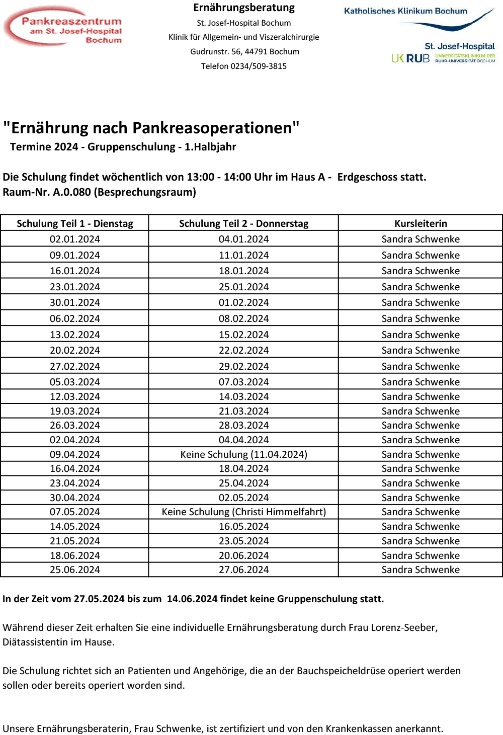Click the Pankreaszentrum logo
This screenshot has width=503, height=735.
63,26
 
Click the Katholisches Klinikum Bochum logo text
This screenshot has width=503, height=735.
405,11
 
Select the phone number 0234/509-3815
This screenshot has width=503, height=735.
259,66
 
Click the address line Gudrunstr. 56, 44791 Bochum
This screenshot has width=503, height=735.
244,51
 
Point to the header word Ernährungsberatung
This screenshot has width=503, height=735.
244,8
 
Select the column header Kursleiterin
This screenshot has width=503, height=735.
421,223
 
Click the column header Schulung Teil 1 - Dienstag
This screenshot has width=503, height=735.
75,223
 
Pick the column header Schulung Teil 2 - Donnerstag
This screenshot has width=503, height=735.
244,223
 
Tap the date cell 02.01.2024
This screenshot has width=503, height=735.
75,239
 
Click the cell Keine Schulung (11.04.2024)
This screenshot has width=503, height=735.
244,454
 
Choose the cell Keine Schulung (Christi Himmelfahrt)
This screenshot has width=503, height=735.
244,512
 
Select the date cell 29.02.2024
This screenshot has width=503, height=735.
244,366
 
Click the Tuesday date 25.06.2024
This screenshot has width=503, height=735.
75,569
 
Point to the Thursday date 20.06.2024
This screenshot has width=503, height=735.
244,555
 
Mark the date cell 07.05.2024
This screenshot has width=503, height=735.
75,512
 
